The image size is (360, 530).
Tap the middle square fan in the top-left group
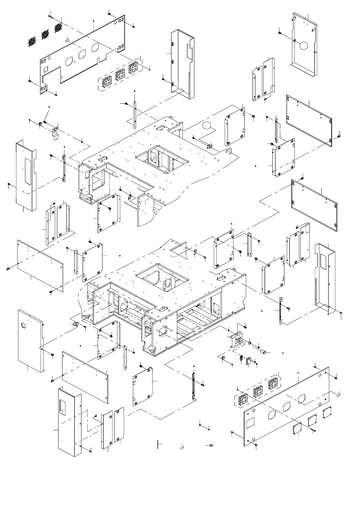point(120,74)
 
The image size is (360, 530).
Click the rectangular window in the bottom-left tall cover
point(63,407)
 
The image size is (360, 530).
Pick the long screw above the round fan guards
point(55,16)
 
